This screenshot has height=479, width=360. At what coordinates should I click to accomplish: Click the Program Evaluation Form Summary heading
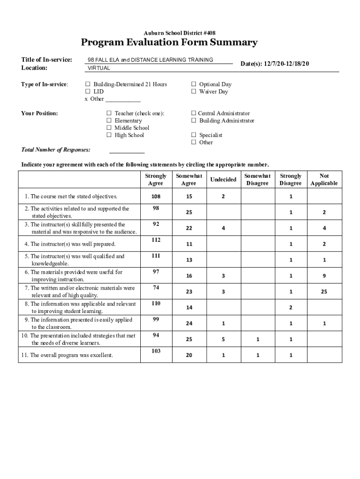169,43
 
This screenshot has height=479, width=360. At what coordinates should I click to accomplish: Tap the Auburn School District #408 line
180,33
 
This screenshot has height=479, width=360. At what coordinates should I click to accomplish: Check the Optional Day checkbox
193,85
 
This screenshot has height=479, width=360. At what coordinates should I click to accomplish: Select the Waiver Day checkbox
193,92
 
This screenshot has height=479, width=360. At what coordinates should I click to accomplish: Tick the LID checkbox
87,92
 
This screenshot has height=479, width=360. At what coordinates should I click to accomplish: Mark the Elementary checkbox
109,121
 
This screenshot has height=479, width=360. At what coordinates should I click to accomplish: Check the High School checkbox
109,135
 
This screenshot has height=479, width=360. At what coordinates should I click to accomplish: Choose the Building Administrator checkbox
193,121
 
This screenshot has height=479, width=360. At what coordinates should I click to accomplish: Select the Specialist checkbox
193,135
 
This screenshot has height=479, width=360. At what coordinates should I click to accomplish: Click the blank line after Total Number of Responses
127,151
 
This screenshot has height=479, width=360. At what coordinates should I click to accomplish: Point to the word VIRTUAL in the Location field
99,68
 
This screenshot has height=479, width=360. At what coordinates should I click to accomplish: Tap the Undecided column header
223,180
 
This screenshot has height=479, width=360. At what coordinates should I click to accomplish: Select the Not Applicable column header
324,180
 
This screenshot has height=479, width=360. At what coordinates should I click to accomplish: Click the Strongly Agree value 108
156,196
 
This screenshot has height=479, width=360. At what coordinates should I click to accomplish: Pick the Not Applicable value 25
324,292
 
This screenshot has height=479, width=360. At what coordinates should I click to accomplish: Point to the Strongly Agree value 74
156,288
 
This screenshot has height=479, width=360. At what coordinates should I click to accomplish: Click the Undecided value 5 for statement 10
223,340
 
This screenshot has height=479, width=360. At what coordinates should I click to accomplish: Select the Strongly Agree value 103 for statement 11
156,351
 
